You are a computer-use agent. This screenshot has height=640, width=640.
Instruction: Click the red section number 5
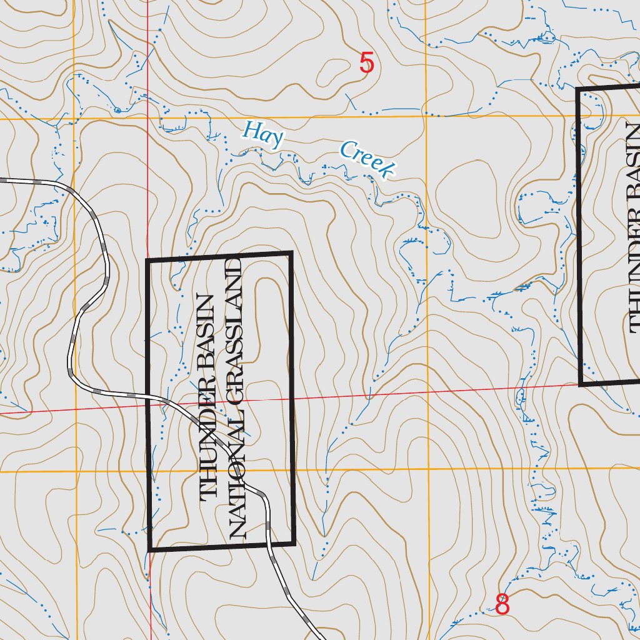tap(367, 64)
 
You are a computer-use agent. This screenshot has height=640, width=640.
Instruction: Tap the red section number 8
tap(502, 604)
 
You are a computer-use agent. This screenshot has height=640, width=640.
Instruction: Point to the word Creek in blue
tap(367, 160)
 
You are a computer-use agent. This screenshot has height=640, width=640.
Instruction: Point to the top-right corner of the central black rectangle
tap(291, 253)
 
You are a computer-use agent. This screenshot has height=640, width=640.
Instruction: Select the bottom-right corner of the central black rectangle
tap(293, 543)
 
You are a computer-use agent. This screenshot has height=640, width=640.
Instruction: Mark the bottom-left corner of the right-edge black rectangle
tap(581, 384)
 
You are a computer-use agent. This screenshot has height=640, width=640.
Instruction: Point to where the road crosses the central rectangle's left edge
tap(149, 396)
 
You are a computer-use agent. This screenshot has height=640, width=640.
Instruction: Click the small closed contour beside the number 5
tap(333, 72)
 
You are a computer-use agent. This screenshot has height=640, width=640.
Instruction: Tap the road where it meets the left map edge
tap(2, 180)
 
